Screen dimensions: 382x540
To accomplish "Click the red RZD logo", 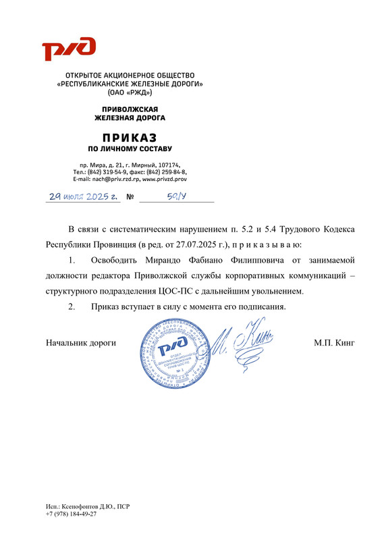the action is click(69, 49).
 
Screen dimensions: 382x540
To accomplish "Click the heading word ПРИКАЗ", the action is click(130, 137).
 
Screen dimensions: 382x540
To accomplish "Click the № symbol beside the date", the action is click(131, 198).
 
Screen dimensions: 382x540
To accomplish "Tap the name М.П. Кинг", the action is click(334, 343).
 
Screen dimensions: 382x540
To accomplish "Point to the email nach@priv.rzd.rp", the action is click(112, 180).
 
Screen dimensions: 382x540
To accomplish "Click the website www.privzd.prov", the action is click(165, 180).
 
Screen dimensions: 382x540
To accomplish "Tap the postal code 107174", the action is click(169, 165).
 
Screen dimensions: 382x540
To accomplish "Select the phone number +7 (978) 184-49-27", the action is click(71, 514).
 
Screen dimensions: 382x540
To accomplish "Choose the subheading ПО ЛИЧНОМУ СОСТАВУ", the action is click(130, 148).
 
